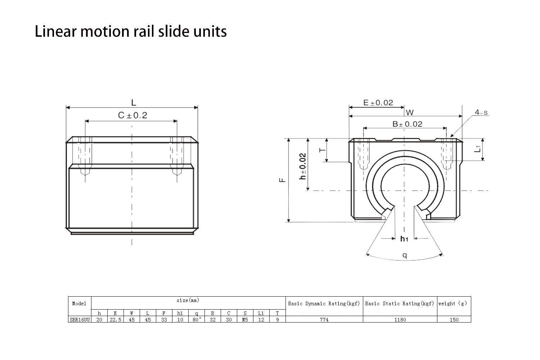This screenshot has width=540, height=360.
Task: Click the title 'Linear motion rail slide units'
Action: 131,32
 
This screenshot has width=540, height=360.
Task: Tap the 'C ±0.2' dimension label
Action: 132,115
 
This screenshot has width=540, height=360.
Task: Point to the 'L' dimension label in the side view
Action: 134,103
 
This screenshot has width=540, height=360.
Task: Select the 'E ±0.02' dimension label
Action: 378,103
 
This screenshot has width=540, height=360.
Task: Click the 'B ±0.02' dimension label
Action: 407,124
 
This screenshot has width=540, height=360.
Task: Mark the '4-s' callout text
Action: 481,112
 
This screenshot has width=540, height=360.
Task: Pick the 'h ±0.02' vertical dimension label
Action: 303,166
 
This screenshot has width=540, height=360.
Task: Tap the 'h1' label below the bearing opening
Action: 404,238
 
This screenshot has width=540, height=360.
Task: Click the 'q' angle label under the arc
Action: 405,255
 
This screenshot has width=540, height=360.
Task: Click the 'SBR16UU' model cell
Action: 80,319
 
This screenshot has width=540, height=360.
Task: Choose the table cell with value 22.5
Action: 115,319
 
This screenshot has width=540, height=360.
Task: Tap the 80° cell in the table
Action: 197,319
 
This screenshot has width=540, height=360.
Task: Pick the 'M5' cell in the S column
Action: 245,319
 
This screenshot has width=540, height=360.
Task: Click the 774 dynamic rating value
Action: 324,319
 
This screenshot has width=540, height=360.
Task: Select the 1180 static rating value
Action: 400,319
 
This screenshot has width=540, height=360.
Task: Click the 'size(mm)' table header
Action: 188,300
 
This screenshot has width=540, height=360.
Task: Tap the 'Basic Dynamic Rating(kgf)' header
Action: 324,303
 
